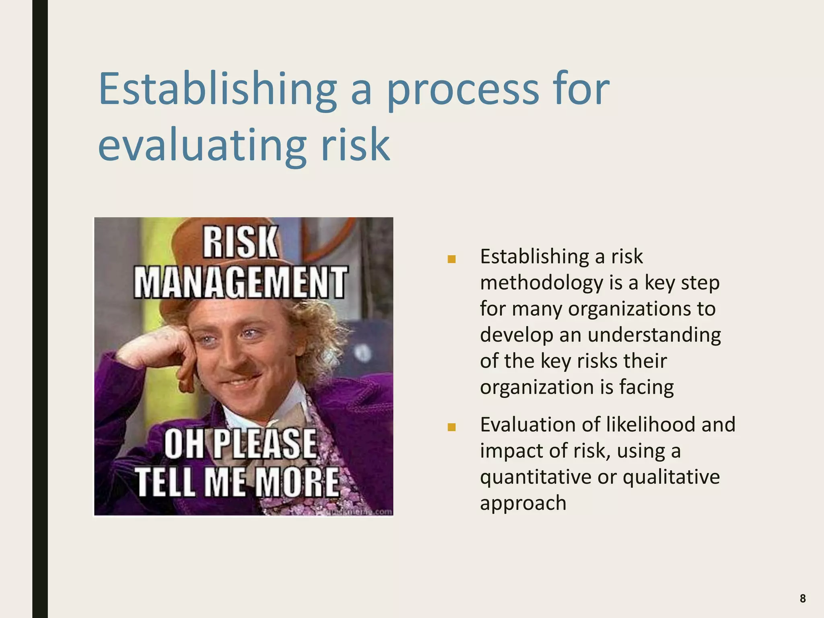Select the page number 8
[x=802, y=599]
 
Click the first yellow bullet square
[x=451, y=259]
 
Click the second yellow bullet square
[x=451, y=427]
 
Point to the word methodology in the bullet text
[x=542, y=283]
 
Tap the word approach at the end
[x=523, y=503]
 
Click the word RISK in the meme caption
[x=240, y=242]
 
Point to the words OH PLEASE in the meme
[x=241, y=443]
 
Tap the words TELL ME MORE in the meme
[x=237, y=482]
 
